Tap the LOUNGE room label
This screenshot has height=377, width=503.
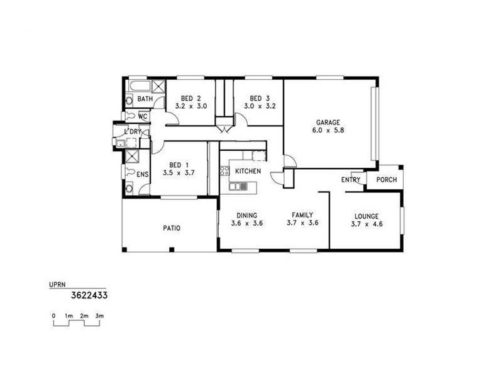click(366, 215)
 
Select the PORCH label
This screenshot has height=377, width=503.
click(387, 180)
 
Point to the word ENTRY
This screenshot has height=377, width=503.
click(351, 180)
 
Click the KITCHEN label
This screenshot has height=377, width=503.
click(248, 171)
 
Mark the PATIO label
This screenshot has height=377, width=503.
click(172, 228)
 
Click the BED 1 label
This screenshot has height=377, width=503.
click(175, 165)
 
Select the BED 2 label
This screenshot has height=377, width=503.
click(191, 99)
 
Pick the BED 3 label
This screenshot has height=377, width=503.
click(259, 99)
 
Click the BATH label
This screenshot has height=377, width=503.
click(145, 99)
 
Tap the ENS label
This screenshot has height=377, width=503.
click(143, 174)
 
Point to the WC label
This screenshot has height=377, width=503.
click(143, 117)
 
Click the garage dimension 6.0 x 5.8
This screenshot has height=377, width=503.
click(328, 131)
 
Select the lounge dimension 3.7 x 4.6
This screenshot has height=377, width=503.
click(366, 223)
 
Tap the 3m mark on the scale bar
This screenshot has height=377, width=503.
click(99, 315)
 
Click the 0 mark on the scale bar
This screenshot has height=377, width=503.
click(53, 315)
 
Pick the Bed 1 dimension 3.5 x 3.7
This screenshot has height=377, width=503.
click(175, 173)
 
